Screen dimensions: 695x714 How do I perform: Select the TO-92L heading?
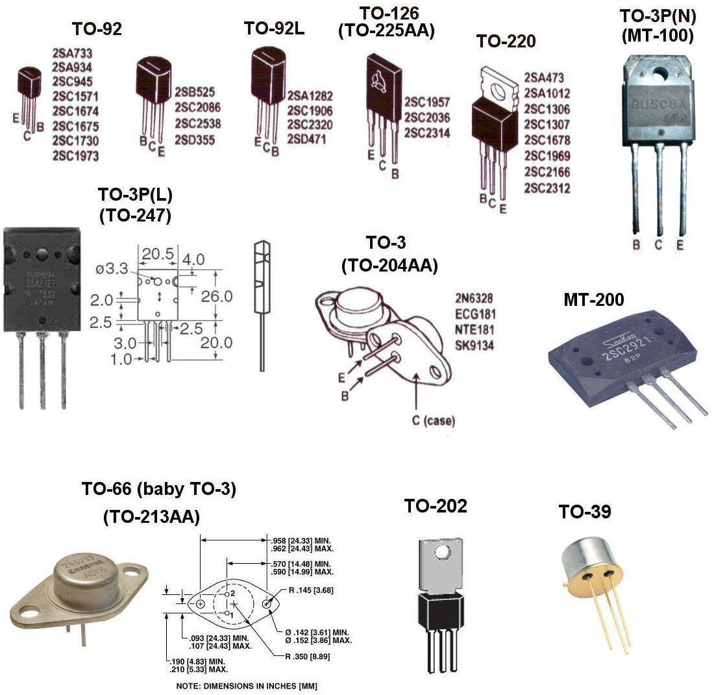pyautogui.click(x=274, y=28)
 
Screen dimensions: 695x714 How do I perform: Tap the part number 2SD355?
pyautogui.click(x=195, y=140)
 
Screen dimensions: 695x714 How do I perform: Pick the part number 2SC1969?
pyautogui.click(x=547, y=156)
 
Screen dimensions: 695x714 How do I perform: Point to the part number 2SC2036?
pyautogui.click(x=426, y=118)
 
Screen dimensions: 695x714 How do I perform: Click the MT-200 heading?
pyautogui.click(x=593, y=299)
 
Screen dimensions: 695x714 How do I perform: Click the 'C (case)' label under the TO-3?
pyautogui.click(x=433, y=421)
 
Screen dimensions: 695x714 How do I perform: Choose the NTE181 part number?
pyautogui.click(x=474, y=330)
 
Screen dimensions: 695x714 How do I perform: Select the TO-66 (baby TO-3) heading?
pyautogui.click(x=158, y=490)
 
